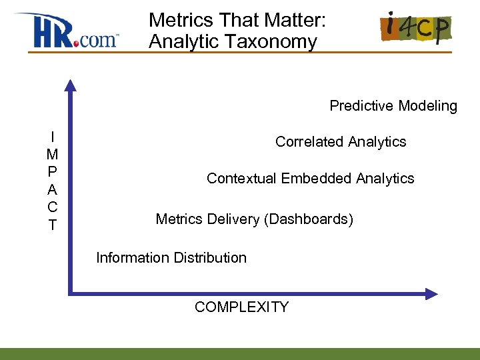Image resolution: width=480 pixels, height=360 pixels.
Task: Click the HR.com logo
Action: [67, 31]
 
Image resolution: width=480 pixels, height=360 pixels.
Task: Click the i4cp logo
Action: [415, 28]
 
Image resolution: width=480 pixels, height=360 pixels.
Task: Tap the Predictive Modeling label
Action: [393, 106]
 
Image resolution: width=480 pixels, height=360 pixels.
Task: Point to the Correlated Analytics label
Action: [341, 142]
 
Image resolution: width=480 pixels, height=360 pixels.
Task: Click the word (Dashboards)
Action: [309, 219]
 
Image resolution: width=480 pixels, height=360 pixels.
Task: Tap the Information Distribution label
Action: [171, 258]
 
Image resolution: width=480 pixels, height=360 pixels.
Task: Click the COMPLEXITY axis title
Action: [241, 307]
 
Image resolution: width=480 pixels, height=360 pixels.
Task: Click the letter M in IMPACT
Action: [52, 154]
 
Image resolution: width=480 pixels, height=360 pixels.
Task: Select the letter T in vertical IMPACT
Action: [52, 225]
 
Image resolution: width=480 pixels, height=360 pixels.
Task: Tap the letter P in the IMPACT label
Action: [52, 172]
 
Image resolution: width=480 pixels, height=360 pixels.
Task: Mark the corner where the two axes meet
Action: [70, 293]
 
